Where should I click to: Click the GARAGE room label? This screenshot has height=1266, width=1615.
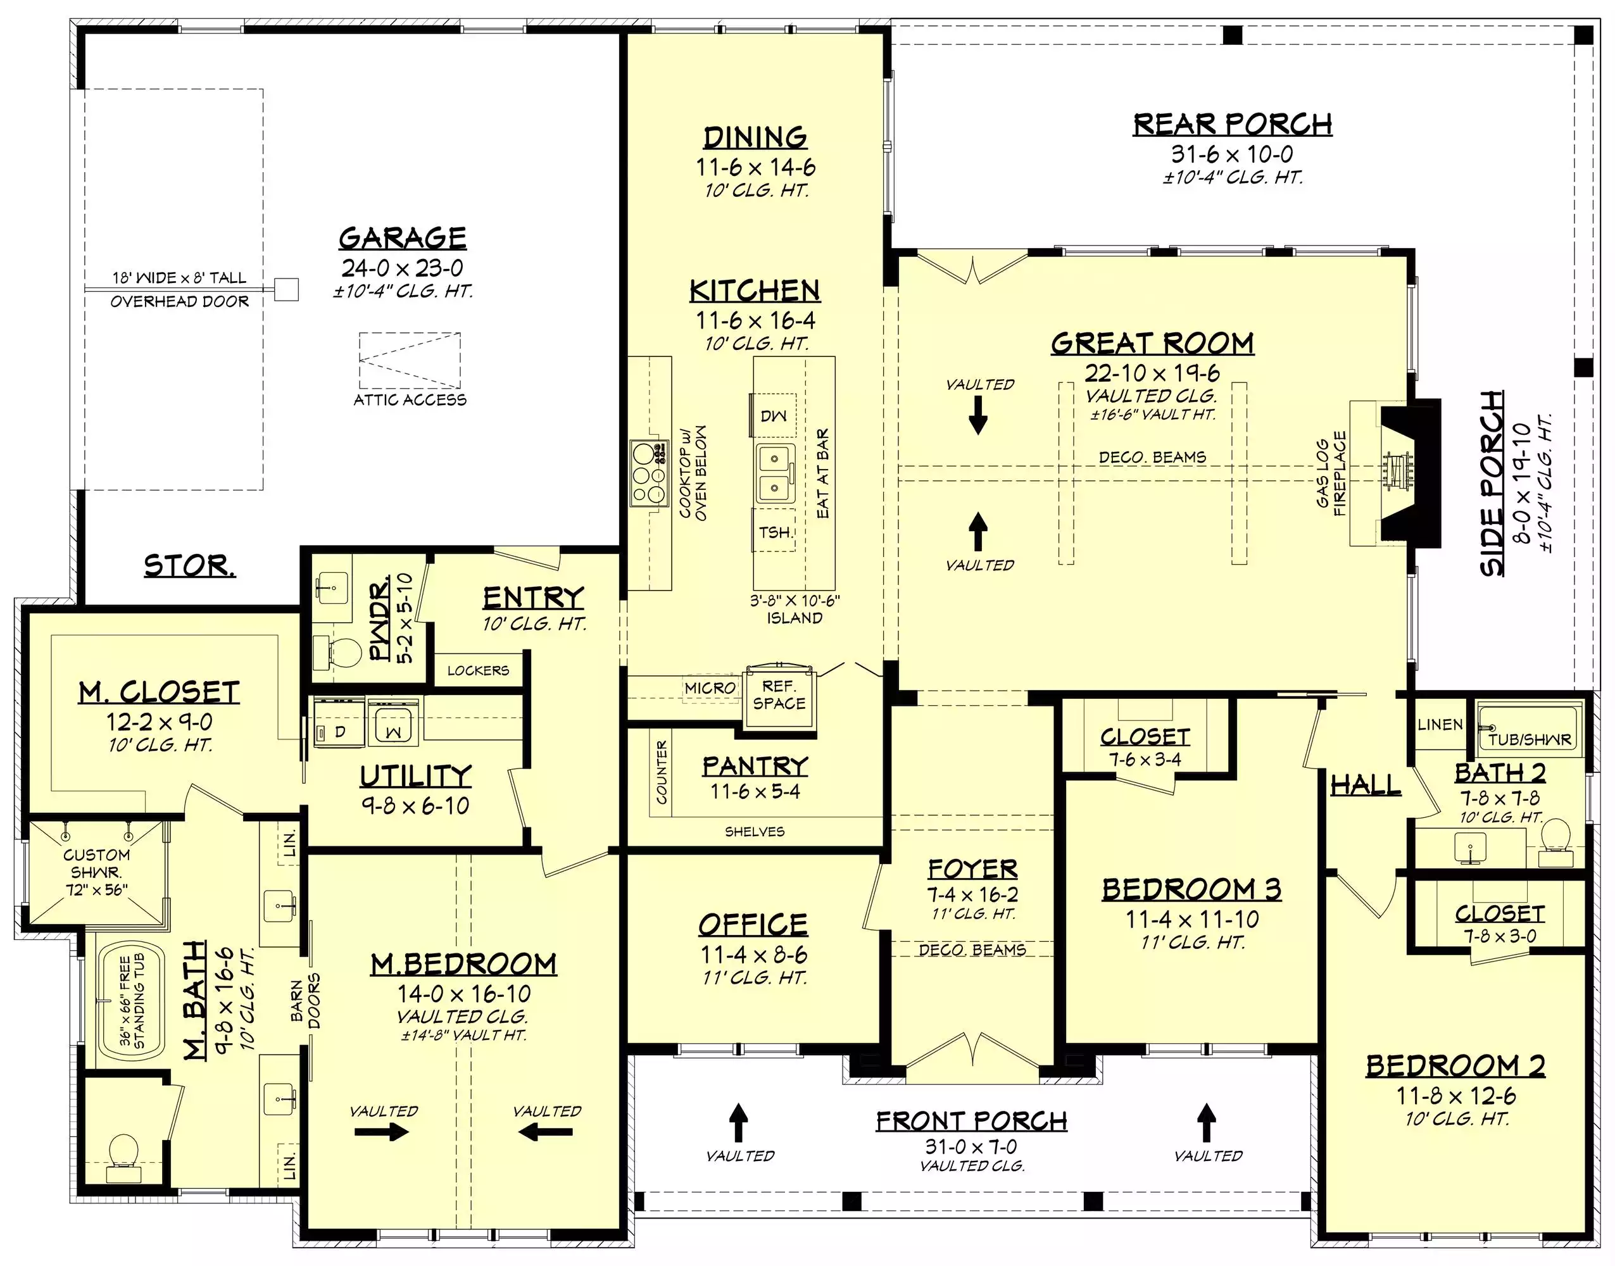pos(403,238)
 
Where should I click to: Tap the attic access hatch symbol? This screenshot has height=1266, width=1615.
pos(410,360)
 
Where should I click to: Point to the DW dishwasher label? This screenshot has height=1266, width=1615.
pos(773,416)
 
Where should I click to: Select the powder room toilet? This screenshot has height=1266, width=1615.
pos(337,652)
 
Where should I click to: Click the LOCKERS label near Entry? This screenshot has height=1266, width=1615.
pos(478,671)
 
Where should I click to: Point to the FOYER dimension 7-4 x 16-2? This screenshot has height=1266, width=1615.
pos(972,894)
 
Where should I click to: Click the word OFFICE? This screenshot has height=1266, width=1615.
pos(753,924)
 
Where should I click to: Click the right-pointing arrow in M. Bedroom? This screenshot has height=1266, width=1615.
pos(381,1132)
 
